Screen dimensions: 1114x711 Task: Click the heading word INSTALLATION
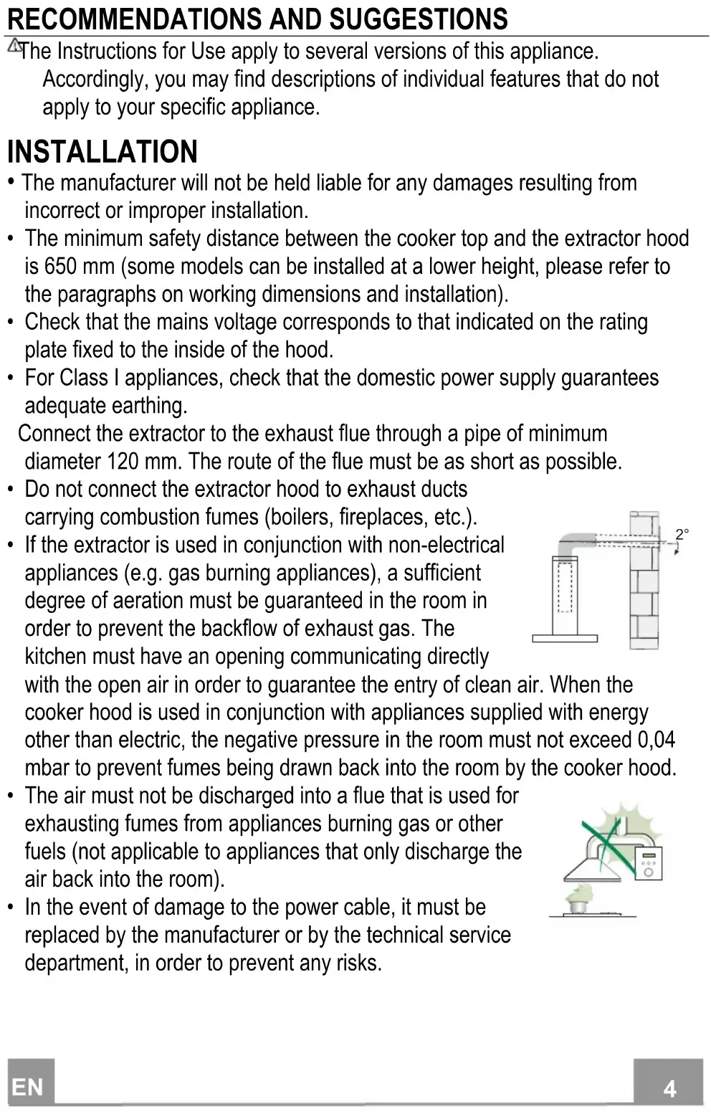(x=102, y=152)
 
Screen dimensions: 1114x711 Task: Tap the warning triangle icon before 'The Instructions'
(x=14, y=47)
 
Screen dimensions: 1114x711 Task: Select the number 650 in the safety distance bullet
(x=60, y=267)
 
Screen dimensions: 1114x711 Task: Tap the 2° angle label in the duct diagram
(x=682, y=535)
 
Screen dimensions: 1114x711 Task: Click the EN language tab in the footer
(x=29, y=1087)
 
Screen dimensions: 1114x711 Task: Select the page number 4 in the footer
(x=669, y=1089)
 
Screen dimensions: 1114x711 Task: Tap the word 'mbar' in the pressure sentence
(x=47, y=768)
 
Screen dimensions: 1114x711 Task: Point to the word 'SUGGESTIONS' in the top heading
(x=418, y=19)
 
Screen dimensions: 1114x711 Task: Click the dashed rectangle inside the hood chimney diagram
(x=566, y=589)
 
